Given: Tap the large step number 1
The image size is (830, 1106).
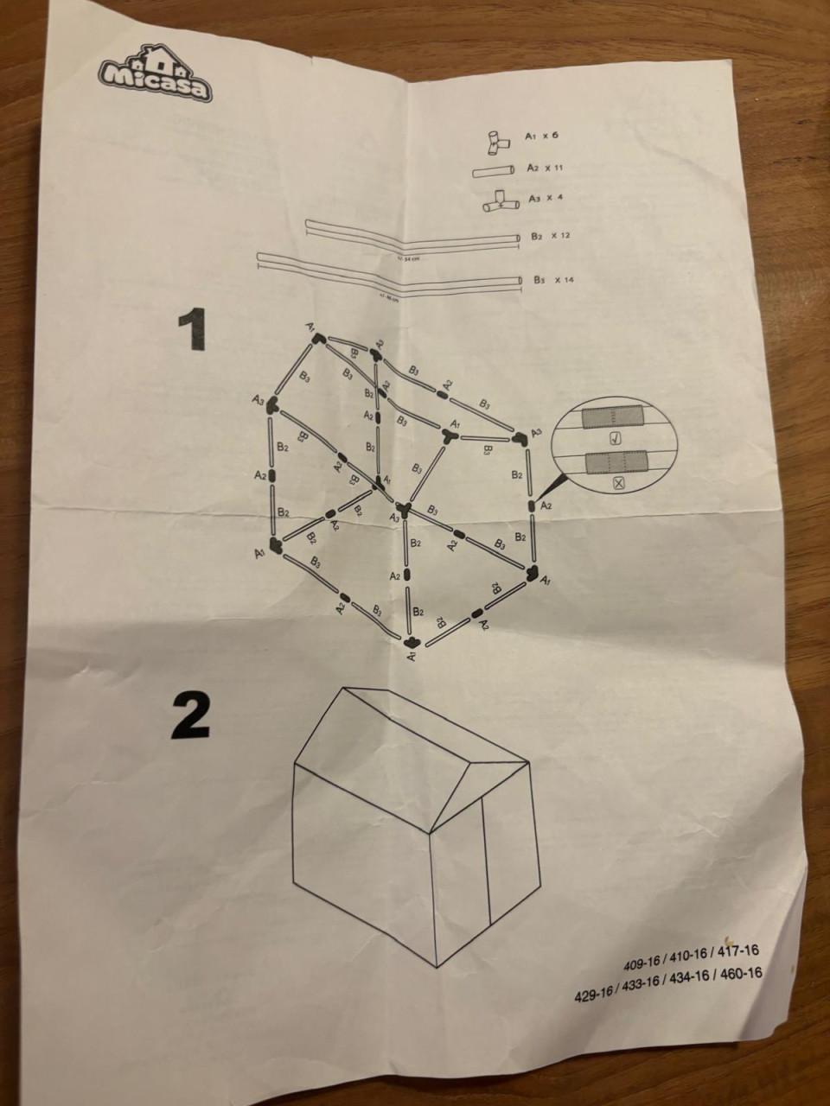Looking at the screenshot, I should pyautogui.click(x=191, y=331).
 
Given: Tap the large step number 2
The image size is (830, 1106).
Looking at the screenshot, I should pyautogui.click(x=191, y=716).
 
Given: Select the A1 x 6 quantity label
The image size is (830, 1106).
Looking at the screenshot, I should pyautogui.click(x=546, y=137).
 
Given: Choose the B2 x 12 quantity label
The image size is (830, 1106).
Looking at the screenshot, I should pyautogui.click(x=550, y=236).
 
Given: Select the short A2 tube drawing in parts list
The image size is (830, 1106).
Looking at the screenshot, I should pyautogui.click(x=493, y=171).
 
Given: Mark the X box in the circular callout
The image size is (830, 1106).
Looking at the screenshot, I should pyautogui.click(x=618, y=484).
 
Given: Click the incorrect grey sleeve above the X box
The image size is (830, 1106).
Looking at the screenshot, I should pyautogui.click(x=615, y=464).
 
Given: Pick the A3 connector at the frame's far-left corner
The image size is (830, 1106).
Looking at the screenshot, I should pyautogui.click(x=272, y=404).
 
